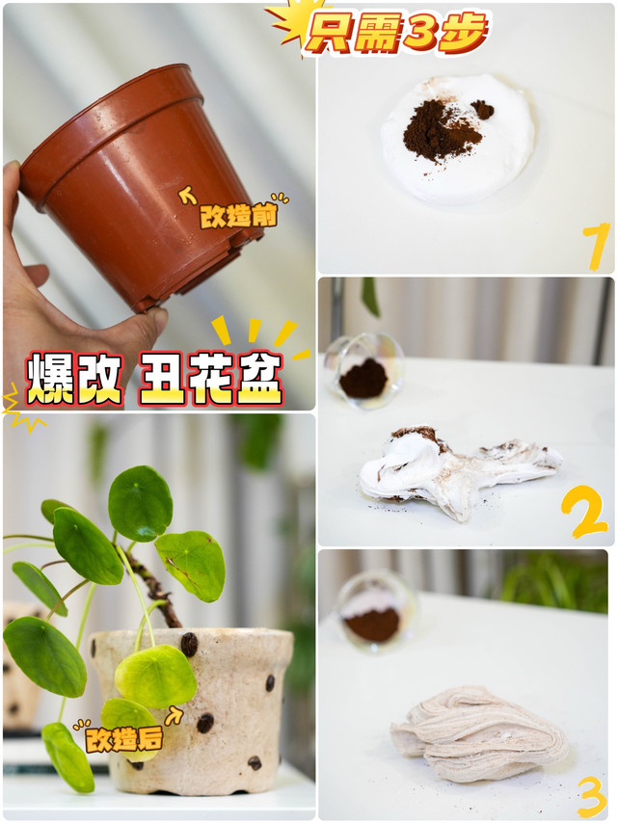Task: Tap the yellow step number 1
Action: pyautogui.click(x=596, y=246)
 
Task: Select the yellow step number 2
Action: pyautogui.click(x=583, y=511)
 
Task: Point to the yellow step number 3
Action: pyautogui.click(x=592, y=796)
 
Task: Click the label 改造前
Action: pyautogui.click(x=238, y=216)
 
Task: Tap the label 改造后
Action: pyautogui.click(x=124, y=739)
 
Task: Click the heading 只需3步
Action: pyautogui.click(x=396, y=33)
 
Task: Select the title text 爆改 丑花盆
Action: pyautogui.click(x=155, y=379)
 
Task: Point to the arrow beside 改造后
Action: pyautogui.click(x=174, y=715)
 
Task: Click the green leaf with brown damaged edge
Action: pyautogui.click(x=191, y=565)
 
